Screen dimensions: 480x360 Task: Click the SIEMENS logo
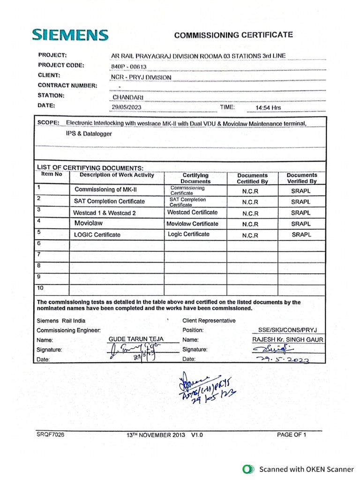[x=70, y=34]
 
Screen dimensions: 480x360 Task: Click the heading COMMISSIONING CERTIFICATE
[x=233, y=35]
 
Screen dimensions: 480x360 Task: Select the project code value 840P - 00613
[x=126, y=66]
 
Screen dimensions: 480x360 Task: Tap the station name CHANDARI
[x=128, y=97]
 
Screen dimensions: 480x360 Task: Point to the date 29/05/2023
[x=126, y=107]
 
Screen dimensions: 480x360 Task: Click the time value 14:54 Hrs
[x=268, y=107]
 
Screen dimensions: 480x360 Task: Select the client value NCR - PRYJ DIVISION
[x=141, y=77]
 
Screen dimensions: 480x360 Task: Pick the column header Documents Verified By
[x=301, y=178]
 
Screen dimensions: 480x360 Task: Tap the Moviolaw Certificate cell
[x=192, y=224]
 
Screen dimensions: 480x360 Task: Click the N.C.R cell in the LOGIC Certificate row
[x=250, y=235]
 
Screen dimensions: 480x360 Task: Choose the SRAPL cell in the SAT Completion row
[x=300, y=202]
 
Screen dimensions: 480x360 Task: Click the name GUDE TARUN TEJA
[x=135, y=339]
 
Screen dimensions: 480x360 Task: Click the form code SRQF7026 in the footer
[x=50, y=435]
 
